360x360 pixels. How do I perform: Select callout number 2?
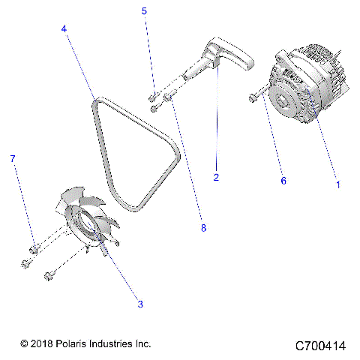[x=216, y=177]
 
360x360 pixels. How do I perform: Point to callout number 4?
[x=64, y=28]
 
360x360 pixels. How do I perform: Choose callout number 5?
[x=145, y=11]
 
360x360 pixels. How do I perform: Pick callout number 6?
[x=283, y=181]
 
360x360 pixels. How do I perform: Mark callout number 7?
[x=12, y=159]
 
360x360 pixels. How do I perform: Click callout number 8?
[x=203, y=226]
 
